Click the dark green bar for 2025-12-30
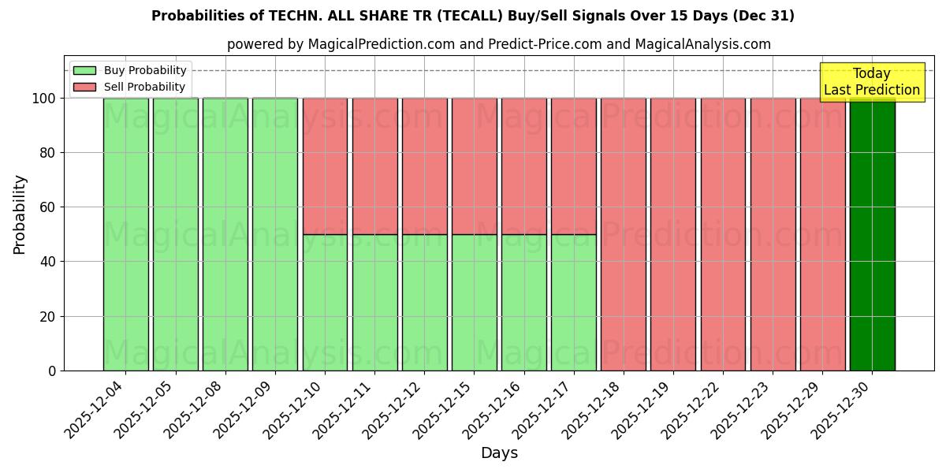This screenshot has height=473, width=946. tap(872, 234)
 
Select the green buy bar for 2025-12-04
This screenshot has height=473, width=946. tap(125, 234)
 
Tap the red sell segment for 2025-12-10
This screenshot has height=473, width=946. tap(325, 166)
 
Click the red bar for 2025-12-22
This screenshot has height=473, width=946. tap(723, 234)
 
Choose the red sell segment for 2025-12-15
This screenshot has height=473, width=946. tap(474, 166)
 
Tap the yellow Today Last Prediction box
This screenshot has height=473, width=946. tap(871, 82)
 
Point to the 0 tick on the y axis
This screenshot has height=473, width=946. tap(52, 371)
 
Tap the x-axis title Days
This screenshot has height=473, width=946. tap(499, 453)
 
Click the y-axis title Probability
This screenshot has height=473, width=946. tap(20, 214)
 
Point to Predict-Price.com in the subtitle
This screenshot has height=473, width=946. tap(545, 44)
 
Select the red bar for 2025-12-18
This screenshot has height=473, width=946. tap(623, 234)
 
